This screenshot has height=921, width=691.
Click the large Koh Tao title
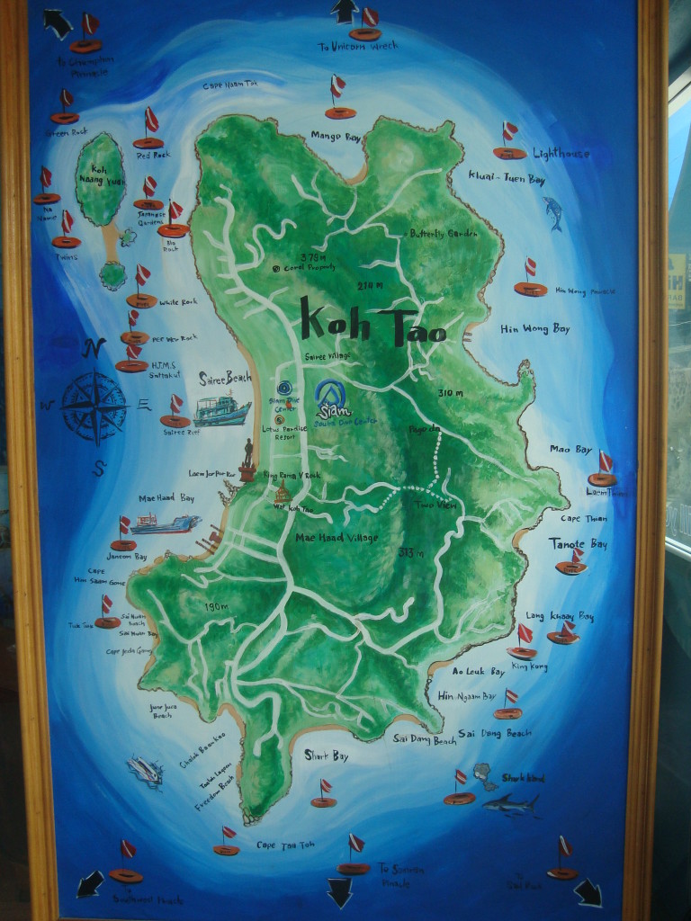click(x=372, y=321)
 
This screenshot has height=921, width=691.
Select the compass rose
click(x=94, y=407)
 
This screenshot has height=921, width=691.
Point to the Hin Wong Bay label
click(x=535, y=329)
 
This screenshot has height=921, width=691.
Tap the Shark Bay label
click(x=326, y=756)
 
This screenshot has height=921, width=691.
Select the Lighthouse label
click(x=561, y=154)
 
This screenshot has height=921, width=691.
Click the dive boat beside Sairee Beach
click(x=220, y=411)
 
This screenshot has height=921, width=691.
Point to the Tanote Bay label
click(x=579, y=544)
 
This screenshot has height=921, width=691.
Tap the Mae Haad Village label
click(x=337, y=538)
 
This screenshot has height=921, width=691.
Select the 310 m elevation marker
click(x=451, y=393)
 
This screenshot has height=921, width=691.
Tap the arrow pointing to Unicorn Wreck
click(x=344, y=12)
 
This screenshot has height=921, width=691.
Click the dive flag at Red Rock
click(x=150, y=121)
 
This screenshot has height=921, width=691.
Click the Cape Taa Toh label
click(x=285, y=845)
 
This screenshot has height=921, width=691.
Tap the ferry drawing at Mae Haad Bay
click(x=165, y=523)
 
